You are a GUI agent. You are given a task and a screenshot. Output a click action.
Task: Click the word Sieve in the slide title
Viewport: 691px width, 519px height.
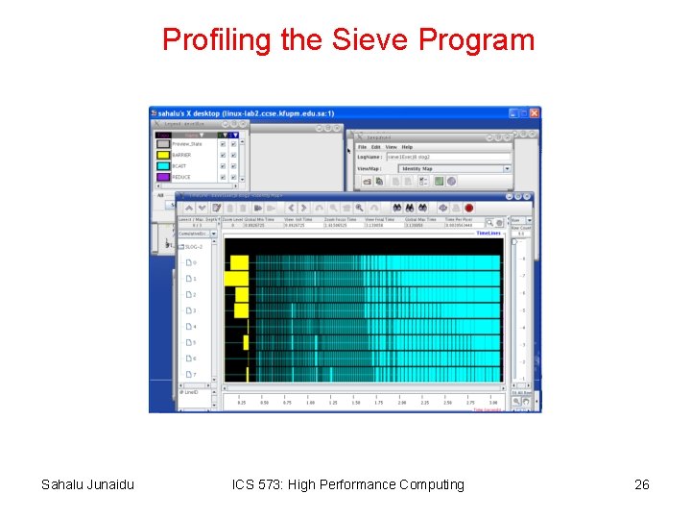coord(366,39)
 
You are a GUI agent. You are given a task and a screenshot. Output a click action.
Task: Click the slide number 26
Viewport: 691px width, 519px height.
coord(642,484)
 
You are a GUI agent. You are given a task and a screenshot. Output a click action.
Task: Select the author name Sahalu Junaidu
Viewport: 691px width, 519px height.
coord(87,484)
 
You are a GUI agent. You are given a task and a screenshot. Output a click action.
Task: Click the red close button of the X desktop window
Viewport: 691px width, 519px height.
coord(535,112)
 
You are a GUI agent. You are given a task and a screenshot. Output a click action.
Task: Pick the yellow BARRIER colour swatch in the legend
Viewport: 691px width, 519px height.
coord(163,155)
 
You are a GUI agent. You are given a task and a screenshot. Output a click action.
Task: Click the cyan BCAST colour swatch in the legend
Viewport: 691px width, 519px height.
coord(163,166)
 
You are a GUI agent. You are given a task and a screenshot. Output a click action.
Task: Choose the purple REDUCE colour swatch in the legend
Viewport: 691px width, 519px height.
coord(163,177)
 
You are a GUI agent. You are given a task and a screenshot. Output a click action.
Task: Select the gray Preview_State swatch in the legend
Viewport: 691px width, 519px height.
coord(163,144)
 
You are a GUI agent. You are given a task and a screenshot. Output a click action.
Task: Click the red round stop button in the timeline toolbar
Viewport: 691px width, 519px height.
coord(469,208)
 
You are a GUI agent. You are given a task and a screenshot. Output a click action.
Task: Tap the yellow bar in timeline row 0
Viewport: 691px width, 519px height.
coord(239,261)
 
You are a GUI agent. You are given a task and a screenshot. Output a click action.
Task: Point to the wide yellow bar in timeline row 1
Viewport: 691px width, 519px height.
coord(236,278)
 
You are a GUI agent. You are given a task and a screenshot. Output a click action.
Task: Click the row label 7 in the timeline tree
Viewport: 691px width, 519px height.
coord(194,375)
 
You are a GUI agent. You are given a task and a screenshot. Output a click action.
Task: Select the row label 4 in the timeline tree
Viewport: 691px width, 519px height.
coord(194,327)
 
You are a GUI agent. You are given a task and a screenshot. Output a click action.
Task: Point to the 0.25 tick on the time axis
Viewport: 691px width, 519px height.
coord(241,403)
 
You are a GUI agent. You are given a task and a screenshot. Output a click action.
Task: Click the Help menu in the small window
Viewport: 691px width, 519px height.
coord(407,147)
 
